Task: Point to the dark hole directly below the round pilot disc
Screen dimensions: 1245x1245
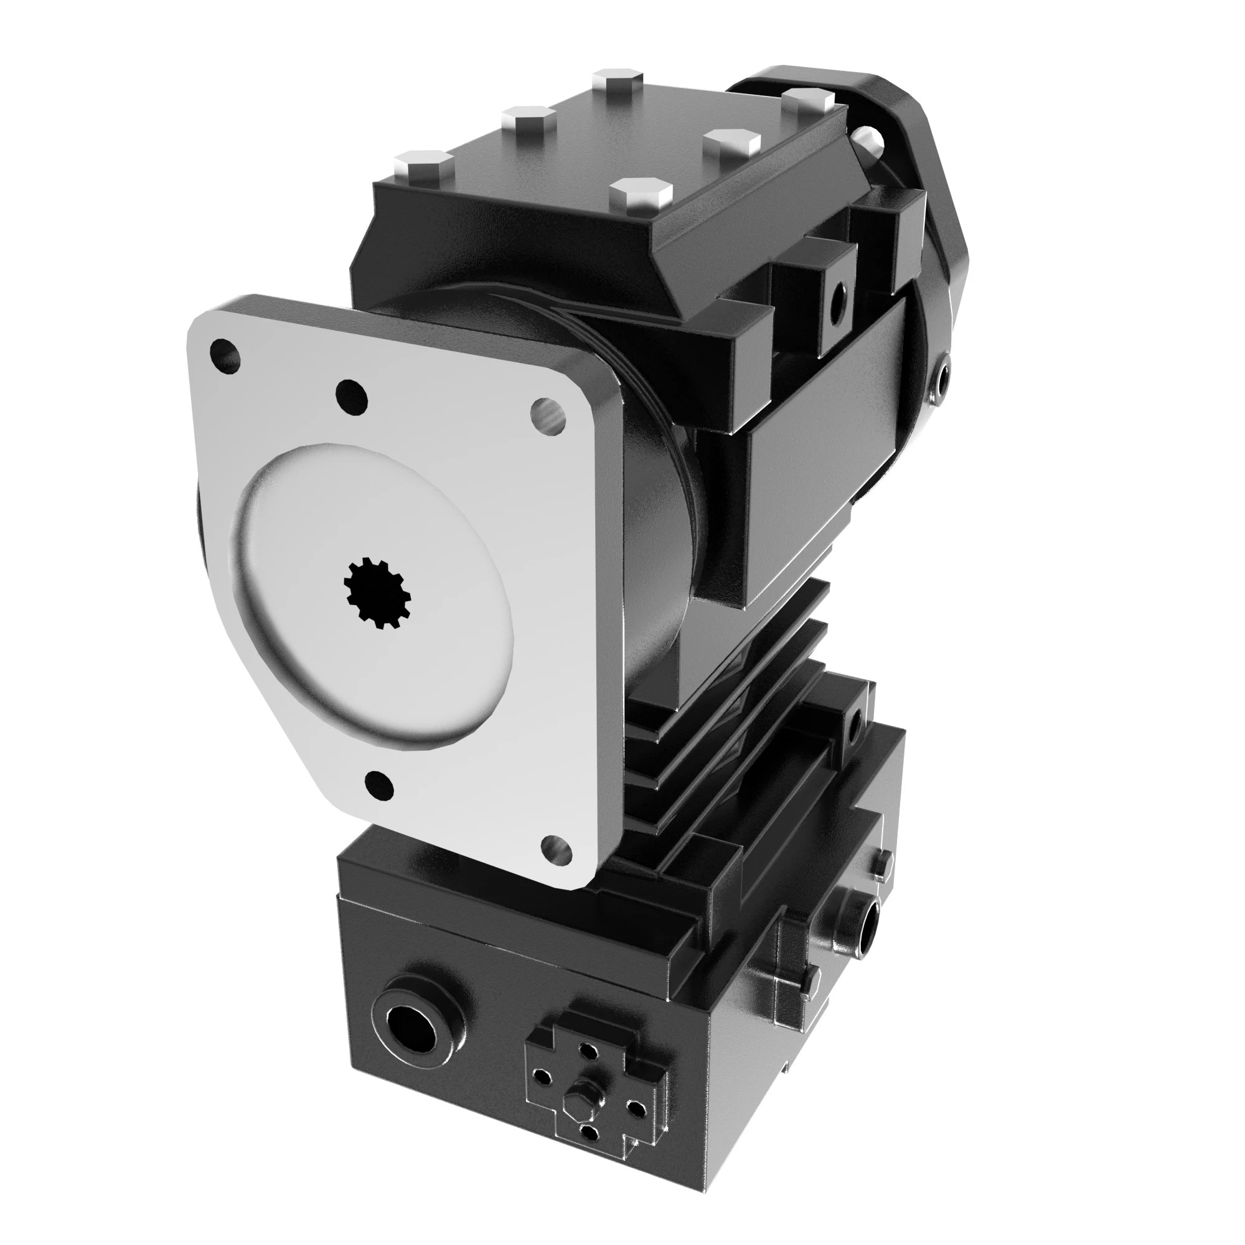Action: pyautogui.click(x=379, y=784)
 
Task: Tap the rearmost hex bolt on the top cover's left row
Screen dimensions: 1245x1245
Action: pyautogui.click(x=618, y=82)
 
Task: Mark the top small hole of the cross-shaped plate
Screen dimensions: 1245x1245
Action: pyautogui.click(x=588, y=1051)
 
